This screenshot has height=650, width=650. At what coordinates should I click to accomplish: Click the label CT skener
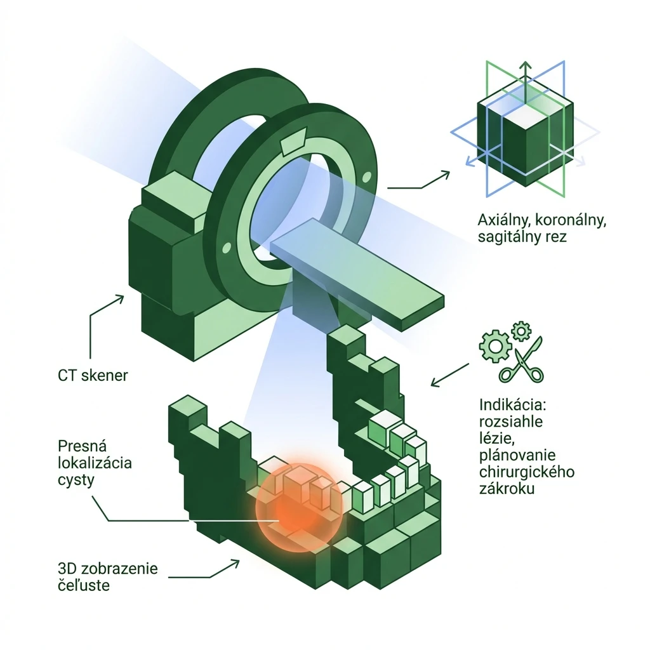pos(93,376)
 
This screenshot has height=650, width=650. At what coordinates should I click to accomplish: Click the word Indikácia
pos(513,404)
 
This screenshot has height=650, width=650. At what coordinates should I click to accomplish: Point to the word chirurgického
pos(526,472)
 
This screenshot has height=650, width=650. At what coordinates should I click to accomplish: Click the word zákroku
pos(507,489)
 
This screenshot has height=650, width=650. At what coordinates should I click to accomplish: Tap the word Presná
pos(82,446)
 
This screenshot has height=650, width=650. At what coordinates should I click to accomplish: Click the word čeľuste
pos(84,585)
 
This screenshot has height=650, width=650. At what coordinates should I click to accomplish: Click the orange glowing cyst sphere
pos(299,508)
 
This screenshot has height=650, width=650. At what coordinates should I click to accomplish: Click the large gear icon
pos(495,346)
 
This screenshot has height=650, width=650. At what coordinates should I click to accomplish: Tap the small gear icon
pos(522,331)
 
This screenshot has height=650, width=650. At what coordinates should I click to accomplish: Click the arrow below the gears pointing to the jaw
pos(450,375)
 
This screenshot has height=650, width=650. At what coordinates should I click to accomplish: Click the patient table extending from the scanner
pos(357,275)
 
